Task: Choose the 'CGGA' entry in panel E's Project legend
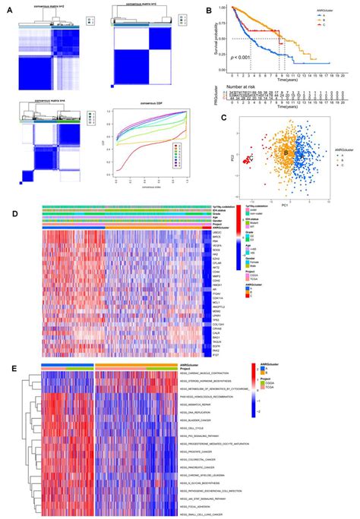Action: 271,395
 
